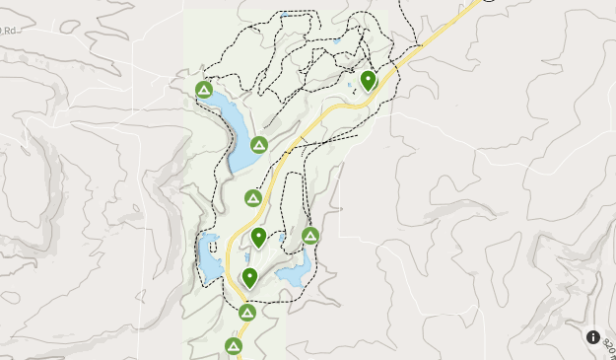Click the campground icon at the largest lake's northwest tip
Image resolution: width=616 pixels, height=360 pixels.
coord(204,91)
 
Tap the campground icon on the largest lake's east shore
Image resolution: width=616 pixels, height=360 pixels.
coord(259,145)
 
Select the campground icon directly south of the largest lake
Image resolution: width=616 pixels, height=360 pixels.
coord(253,198)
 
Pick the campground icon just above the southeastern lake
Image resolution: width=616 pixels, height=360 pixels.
coord(310,235)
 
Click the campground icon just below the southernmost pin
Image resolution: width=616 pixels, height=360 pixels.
coord(247,313)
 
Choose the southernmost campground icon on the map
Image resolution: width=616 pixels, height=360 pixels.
coord(234,346)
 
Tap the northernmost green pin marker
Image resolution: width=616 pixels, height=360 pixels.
coord(369,79)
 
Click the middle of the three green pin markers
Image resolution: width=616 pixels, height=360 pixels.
coord(258,236)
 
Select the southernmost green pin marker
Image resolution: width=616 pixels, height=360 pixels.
coord(250,277)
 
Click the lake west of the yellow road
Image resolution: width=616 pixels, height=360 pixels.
coord(209,258)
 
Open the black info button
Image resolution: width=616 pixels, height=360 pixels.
coord(593,337)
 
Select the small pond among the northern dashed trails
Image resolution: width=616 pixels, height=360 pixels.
coord(337,40)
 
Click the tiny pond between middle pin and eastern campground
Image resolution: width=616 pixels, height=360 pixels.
coord(281,238)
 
